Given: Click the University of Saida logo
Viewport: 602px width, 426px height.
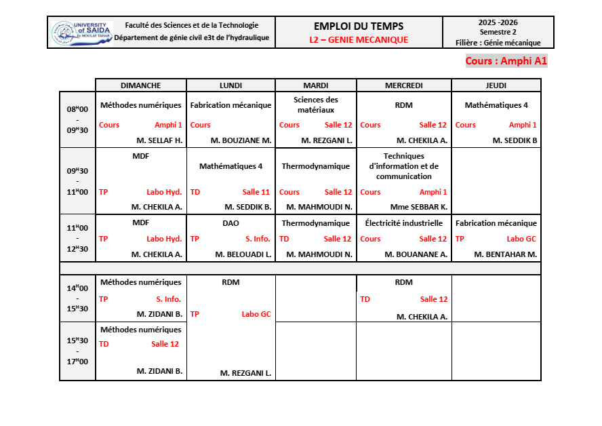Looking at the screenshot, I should (78, 33).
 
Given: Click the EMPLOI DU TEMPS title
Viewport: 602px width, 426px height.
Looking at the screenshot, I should (359, 26).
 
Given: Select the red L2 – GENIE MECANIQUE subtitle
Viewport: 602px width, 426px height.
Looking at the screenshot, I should (359, 39).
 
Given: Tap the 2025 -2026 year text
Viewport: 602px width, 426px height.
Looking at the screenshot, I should (498, 22).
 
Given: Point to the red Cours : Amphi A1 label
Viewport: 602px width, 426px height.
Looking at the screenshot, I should (506, 61).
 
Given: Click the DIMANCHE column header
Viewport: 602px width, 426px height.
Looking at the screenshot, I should (140, 85).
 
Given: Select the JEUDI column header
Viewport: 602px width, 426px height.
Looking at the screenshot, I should (496, 85).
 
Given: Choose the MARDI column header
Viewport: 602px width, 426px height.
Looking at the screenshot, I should (315, 85).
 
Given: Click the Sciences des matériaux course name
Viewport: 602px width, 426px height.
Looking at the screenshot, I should (315, 104).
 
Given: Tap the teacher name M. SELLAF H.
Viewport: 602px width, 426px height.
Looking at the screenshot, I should (159, 140).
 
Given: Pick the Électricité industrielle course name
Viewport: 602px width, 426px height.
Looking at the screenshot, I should (403, 222).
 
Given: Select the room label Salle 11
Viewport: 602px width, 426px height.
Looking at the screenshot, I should (256, 192).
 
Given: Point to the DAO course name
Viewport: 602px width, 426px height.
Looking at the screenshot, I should (230, 222).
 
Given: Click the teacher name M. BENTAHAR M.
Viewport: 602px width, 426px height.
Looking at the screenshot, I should (505, 254).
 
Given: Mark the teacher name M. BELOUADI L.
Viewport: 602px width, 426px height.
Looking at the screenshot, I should (243, 254).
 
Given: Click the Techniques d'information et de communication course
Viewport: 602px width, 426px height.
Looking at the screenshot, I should (403, 166).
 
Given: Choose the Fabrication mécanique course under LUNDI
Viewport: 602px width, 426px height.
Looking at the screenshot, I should (230, 105).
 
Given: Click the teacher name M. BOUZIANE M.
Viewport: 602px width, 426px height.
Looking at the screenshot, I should (241, 140).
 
